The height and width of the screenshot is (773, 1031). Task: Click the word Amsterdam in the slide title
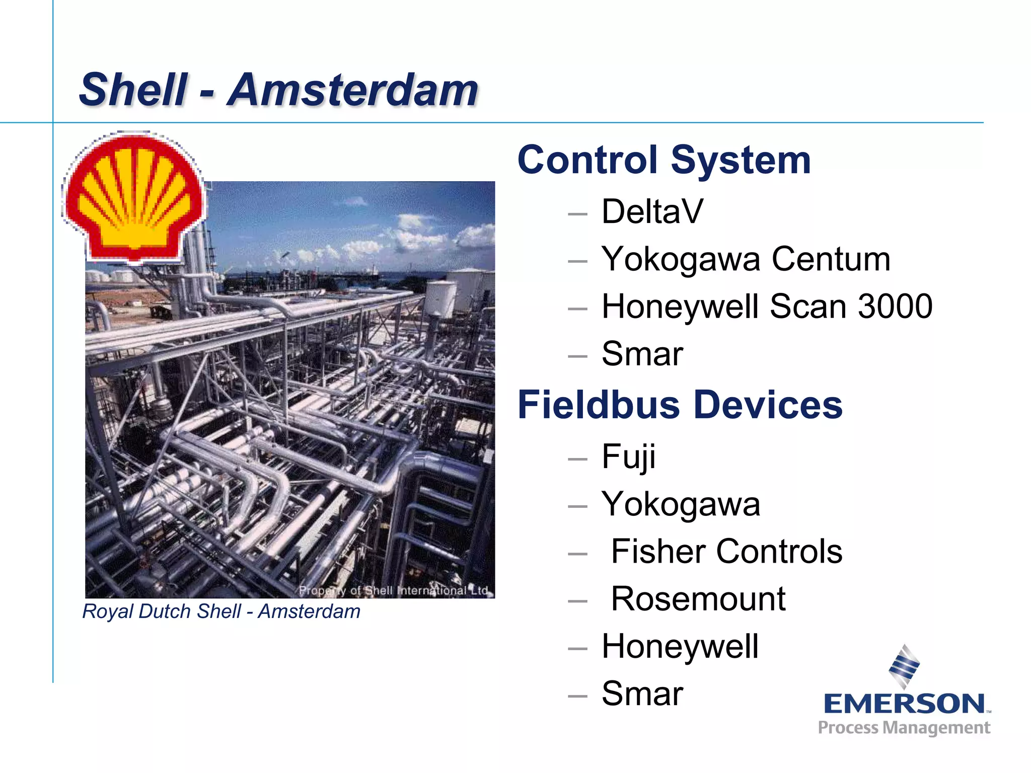coord(352,91)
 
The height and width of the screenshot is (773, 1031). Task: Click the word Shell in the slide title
coord(133,91)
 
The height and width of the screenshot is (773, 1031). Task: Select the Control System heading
coord(664,160)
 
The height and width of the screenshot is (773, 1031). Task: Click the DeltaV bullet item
coord(652,211)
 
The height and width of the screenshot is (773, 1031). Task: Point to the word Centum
coord(831,259)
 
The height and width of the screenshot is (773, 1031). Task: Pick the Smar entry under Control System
coord(642,354)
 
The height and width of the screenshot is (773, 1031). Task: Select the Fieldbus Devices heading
coord(680,405)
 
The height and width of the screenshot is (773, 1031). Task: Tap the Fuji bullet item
coord(628,457)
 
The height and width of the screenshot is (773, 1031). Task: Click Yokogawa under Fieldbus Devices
coord(681,504)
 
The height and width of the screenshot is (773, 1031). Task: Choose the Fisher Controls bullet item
coord(726,552)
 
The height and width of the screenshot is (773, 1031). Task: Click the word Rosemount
coord(698,599)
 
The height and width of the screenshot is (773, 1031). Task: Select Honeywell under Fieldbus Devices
coord(680,647)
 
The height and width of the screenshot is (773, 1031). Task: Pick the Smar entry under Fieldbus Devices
coord(642,694)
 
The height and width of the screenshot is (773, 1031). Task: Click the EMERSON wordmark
coord(904,704)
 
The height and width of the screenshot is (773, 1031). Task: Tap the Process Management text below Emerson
coord(904,728)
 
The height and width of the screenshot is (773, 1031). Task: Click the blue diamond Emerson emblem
coord(904,666)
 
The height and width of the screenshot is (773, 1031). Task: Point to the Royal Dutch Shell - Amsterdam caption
coord(222,611)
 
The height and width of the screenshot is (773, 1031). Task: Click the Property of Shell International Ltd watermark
coord(393,590)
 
